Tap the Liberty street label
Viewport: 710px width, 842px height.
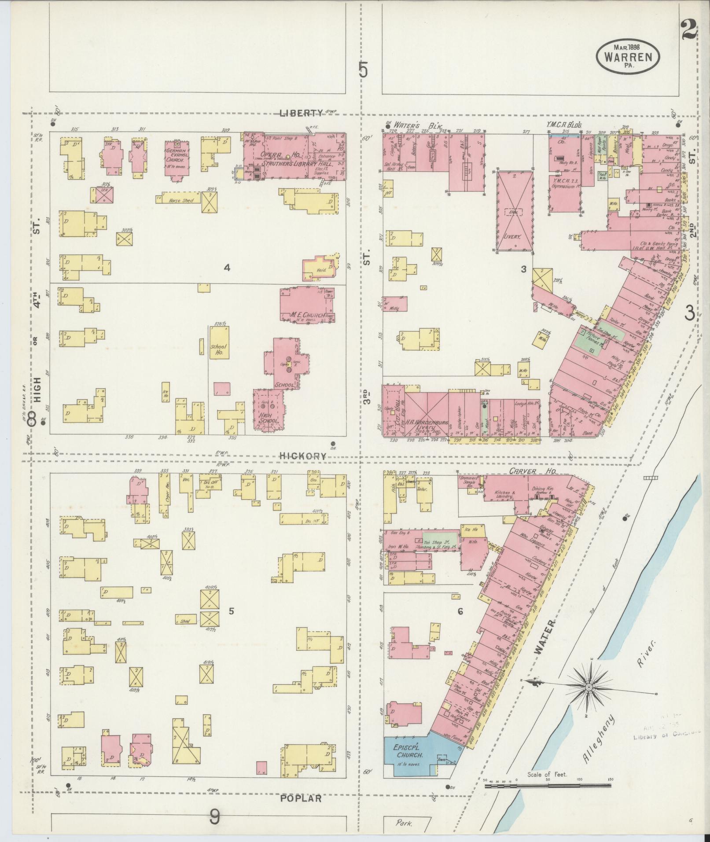301,113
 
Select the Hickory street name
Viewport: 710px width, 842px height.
303,456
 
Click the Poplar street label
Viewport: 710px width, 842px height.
301,798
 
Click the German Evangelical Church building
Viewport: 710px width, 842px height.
177,157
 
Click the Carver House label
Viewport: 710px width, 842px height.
533,471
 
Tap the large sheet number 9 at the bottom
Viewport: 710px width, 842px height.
214,818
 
